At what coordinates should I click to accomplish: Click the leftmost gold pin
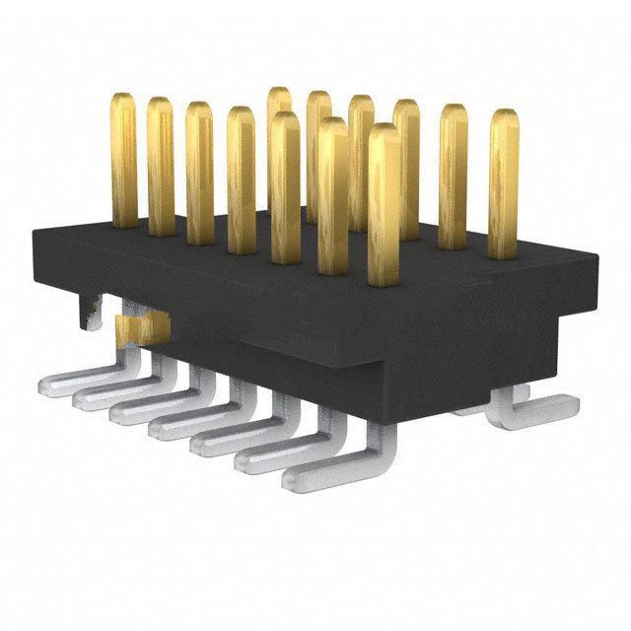tap(123, 158)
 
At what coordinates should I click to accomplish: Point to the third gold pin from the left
tap(199, 173)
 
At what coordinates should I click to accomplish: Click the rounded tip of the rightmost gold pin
tap(504, 118)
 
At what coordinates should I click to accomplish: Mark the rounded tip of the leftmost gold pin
tap(123, 101)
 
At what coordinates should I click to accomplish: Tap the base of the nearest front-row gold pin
tap(385, 276)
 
